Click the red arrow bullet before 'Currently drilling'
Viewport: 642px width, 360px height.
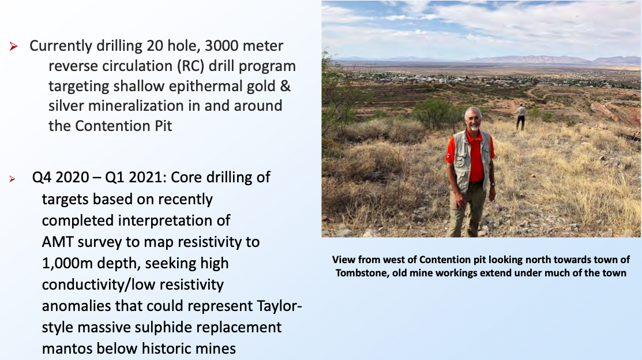[x=13, y=46]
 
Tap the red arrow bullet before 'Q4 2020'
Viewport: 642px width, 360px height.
[x=12, y=179]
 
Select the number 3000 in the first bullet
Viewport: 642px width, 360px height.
[x=221, y=46]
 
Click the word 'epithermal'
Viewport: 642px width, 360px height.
[x=207, y=87]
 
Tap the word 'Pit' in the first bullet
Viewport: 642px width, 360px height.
[x=163, y=126]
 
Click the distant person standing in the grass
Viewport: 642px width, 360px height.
[x=520, y=117]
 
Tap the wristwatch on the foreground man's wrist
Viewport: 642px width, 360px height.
[x=493, y=184]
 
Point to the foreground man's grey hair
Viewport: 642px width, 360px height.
[x=473, y=112]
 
